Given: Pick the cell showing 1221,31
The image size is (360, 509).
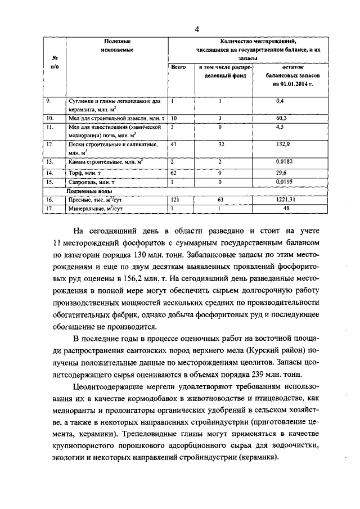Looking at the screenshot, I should [x=286, y=199].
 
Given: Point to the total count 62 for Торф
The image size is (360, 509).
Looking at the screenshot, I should [x=174, y=173].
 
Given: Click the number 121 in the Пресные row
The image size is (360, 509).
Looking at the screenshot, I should [x=175, y=199].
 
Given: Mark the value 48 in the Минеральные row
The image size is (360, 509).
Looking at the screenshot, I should [x=286, y=208].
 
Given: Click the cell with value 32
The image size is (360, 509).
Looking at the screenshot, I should [x=221, y=145].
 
